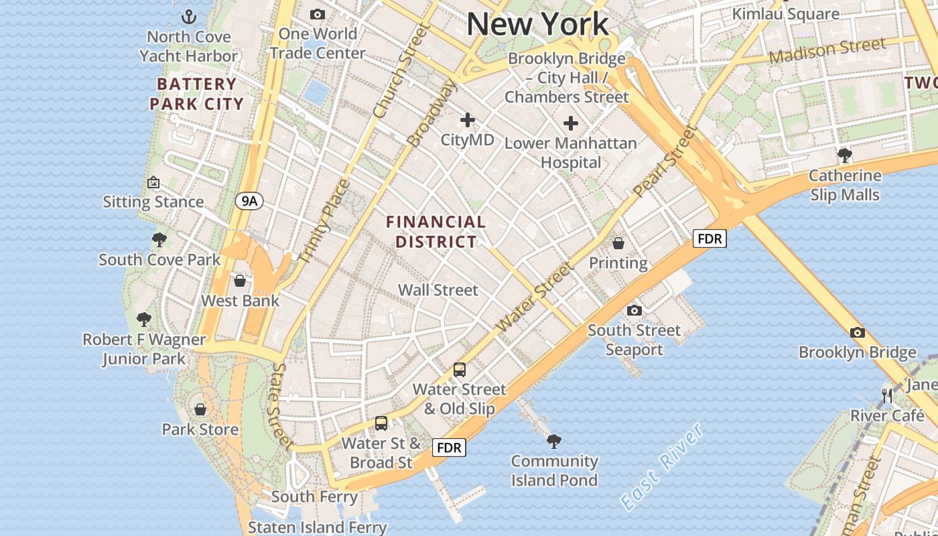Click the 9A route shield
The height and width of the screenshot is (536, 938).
pyautogui.click(x=249, y=200)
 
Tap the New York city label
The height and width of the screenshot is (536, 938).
pyautogui.click(x=538, y=24)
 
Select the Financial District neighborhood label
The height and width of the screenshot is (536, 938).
pyautogui.click(x=436, y=231)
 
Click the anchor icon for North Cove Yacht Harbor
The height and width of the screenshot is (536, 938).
pyautogui.click(x=189, y=16)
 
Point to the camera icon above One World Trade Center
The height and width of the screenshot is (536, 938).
pyautogui.click(x=318, y=14)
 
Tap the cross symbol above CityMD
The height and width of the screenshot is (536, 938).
pyautogui.click(x=467, y=121)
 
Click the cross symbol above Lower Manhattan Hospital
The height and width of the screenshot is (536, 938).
pyautogui.click(x=571, y=123)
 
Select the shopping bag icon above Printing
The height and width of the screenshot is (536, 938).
pyautogui.click(x=618, y=243)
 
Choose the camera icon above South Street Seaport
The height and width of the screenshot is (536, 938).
pyautogui.click(x=634, y=310)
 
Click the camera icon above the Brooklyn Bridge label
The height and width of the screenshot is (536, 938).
pyautogui.click(x=857, y=332)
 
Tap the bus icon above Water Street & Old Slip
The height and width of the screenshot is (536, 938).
pyautogui.click(x=460, y=369)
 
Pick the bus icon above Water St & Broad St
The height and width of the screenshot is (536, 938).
pyautogui.click(x=381, y=423)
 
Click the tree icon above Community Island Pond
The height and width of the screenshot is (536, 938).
pyautogui.click(x=554, y=440)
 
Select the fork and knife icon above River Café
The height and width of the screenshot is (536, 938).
pyautogui.click(x=888, y=396)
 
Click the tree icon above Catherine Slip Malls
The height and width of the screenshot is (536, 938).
pyautogui.click(x=844, y=155)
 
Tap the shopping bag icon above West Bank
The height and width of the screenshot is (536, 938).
pyautogui.click(x=240, y=281)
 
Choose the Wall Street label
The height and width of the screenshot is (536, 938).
pyautogui.click(x=438, y=290)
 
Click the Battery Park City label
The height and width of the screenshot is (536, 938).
pyautogui.click(x=196, y=94)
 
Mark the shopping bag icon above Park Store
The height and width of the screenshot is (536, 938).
pyautogui.click(x=200, y=409)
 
